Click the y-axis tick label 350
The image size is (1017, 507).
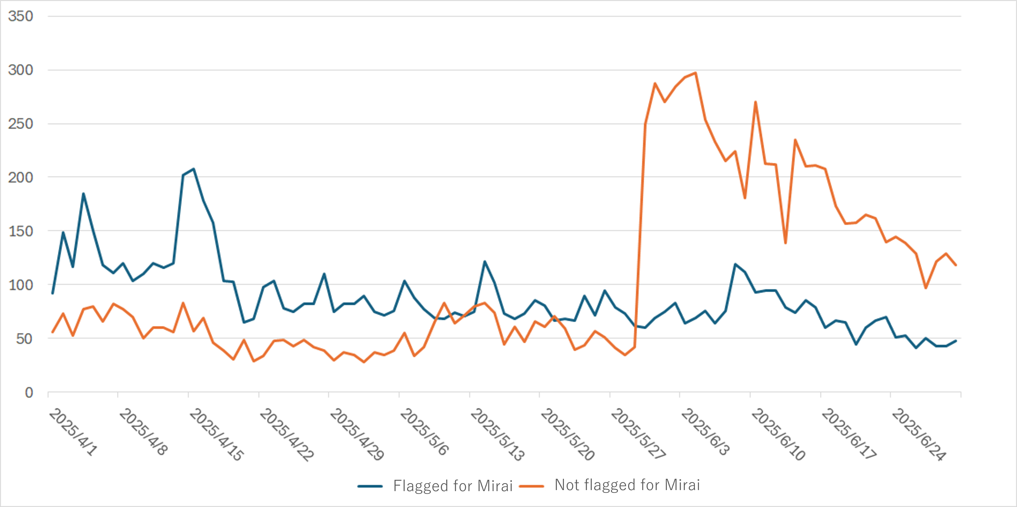[x=21, y=16]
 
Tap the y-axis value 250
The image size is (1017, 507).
[x=21, y=124]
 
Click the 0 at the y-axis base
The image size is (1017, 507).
[x=29, y=393]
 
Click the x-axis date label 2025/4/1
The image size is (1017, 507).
[x=73, y=432]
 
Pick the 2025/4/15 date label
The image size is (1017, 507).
[x=217, y=434]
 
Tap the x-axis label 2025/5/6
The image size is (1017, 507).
[x=424, y=432]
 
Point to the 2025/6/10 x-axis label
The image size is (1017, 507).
[x=778, y=434]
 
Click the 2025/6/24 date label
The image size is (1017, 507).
[x=919, y=434]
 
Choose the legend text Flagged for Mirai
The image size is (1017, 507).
[x=453, y=486]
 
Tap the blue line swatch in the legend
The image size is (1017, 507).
[x=370, y=486]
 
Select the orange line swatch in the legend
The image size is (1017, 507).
[x=531, y=486]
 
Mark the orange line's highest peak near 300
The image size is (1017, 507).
[x=695, y=73]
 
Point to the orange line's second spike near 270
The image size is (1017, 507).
[x=755, y=102]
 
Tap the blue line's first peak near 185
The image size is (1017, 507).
[x=83, y=193]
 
